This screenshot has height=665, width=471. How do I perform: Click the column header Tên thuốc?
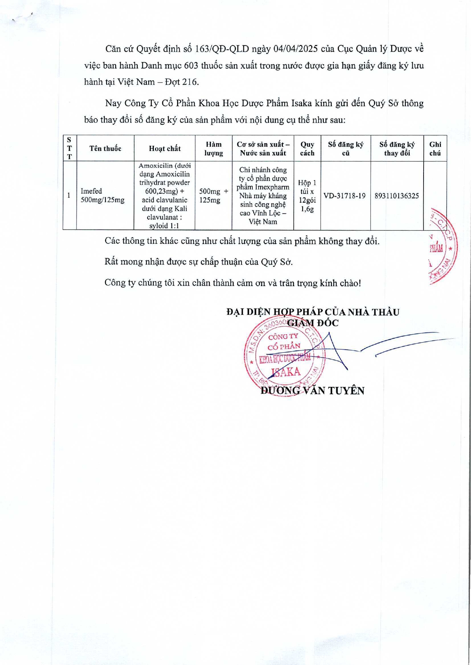tap(105, 149)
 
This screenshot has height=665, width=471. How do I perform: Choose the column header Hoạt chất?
tap(165, 149)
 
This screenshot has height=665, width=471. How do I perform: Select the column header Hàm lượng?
tap(214, 149)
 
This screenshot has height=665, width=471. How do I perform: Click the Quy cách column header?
tap(307, 149)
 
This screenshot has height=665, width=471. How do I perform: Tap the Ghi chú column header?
tap(435, 149)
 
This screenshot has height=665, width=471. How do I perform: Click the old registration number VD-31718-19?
tap(345, 196)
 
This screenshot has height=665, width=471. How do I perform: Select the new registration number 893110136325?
tap(397, 196)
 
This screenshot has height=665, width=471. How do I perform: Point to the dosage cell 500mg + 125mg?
tap(214, 196)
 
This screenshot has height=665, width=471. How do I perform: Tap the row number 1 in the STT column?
tap(69, 196)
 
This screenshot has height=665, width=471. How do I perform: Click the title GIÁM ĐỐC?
tap(313, 323)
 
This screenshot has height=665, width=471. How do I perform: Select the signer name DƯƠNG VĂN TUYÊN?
tap(312, 391)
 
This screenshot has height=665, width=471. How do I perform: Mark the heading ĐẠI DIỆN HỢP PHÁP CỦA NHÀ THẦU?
tap(313, 312)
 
